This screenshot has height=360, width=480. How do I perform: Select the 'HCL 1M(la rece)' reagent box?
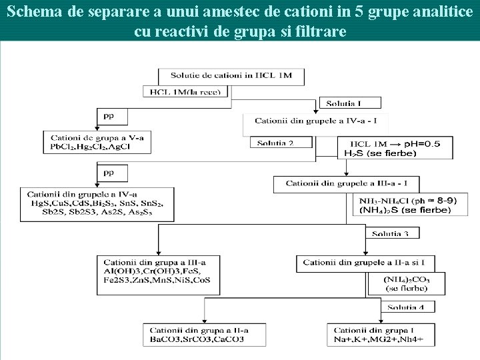(186, 92)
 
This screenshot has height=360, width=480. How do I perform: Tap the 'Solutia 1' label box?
(350, 103)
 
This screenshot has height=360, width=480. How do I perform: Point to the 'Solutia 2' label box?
(279, 143)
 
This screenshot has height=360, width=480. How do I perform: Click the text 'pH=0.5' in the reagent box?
(419, 143)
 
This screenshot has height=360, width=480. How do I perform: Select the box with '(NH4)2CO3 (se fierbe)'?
(406, 284)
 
